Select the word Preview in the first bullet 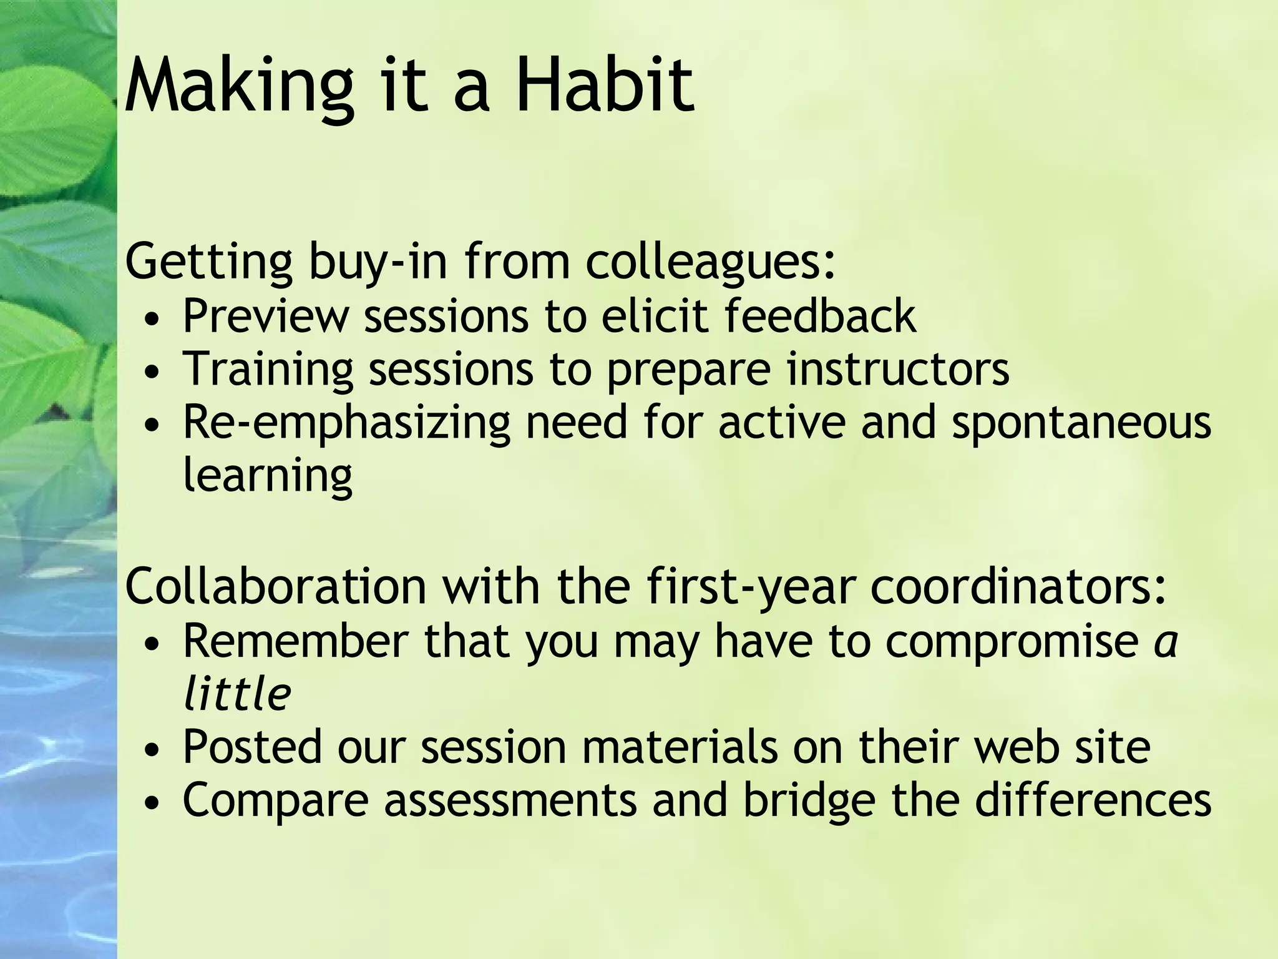(x=265, y=316)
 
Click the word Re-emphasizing (x=346, y=423)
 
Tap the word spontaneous (x=1081, y=423)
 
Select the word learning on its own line (x=268, y=476)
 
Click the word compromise (x=1012, y=642)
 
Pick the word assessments (x=510, y=800)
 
